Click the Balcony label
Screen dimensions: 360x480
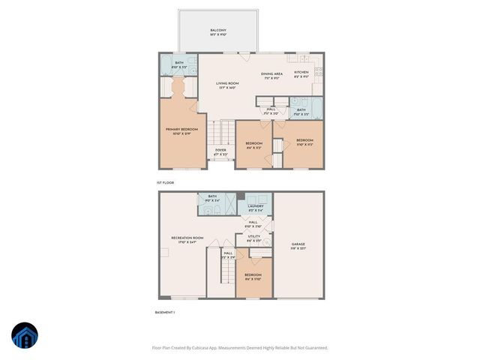218,31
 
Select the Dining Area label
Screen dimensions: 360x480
271,74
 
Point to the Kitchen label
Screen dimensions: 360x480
301,74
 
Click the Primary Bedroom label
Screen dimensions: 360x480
182,130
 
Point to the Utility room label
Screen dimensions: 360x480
254,238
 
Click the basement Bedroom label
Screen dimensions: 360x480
253,276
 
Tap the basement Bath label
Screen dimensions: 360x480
212,198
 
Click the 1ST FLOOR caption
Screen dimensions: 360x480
165,183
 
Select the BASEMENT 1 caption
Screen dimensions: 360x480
164,311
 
